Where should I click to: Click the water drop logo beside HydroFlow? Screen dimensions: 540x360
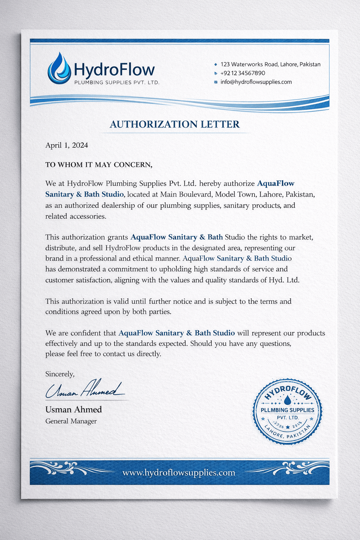click(59, 69)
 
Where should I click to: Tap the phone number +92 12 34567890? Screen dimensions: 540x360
click(243, 73)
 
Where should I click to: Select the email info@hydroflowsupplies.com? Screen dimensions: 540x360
click(256, 82)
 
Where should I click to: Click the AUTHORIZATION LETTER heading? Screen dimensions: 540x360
click(175, 124)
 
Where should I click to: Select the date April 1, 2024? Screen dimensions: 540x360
click(66, 145)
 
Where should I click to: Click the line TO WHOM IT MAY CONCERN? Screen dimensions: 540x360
click(99, 165)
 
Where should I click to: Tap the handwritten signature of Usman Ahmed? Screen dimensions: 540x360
click(85, 390)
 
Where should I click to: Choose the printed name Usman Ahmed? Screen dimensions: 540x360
click(73, 409)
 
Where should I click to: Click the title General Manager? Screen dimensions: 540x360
click(71, 421)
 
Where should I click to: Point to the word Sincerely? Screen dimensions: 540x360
click(60, 374)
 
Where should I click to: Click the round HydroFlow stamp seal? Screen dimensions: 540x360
click(288, 411)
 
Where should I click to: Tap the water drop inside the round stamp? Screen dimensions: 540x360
click(288, 399)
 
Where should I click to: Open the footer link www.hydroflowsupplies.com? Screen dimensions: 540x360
click(179, 472)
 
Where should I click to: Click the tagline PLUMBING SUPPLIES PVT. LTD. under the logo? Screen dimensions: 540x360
click(117, 83)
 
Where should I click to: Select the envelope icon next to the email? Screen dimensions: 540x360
click(216, 82)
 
